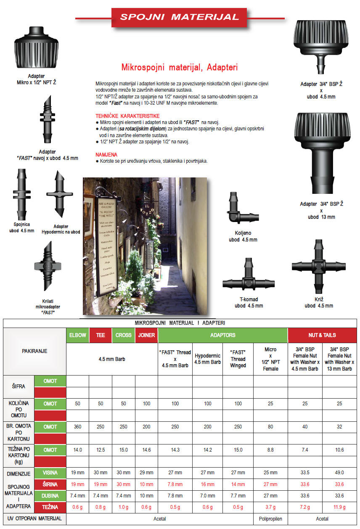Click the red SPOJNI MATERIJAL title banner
[180, 17]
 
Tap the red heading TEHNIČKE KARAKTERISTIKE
[127, 116]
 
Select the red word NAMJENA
[106, 155]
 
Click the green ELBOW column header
[78, 336]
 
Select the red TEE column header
[101, 336]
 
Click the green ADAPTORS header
[222, 336]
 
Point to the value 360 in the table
[77, 427]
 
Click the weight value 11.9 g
[339, 507]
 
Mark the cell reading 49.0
[339, 473]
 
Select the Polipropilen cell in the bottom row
[270, 519]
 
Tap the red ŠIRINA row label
[50, 484]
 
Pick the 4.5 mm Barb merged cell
[112, 359]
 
